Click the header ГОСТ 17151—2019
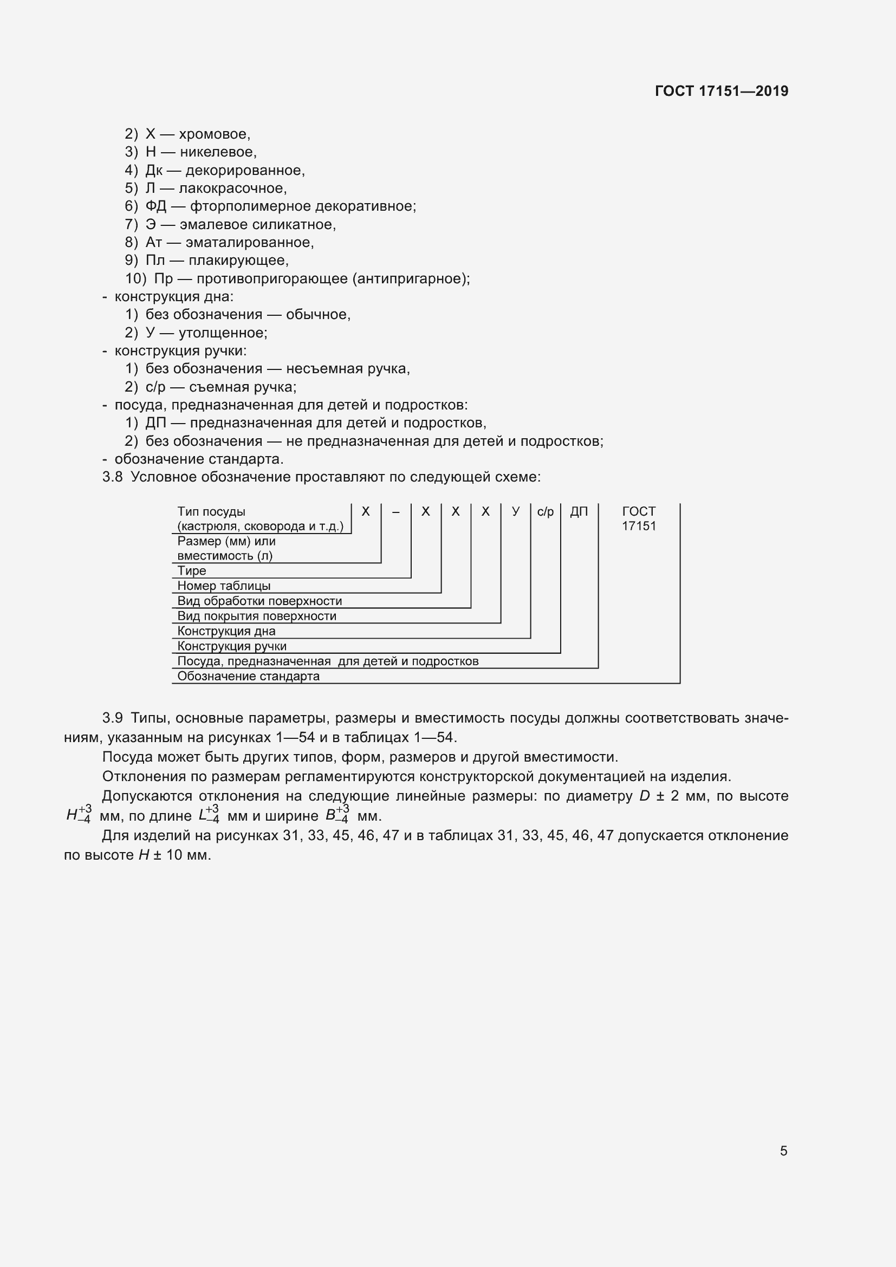[x=721, y=91]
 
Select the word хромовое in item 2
[x=215, y=134]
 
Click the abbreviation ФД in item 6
[x=155, y=206]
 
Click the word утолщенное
[x=222, y=333]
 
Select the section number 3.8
[x=112, y=477]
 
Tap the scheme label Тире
[x=191, y=570]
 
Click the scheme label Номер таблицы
[x=223, y=586]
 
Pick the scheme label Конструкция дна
[x=226, y=631]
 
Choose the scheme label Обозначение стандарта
[x=248, y=676]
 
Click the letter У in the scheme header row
[x=515, y=511]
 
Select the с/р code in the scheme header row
[x=545, y=511]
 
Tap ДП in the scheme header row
[x=579, y=511]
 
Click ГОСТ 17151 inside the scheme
[x=639, y=518]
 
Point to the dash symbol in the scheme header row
[x=395, y=512]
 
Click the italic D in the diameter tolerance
[x=644, y=796]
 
